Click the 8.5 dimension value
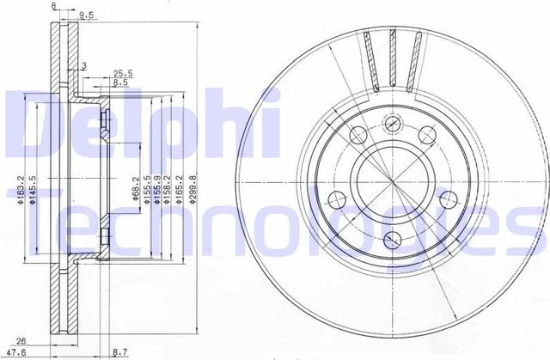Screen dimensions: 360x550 [x=120, y=83]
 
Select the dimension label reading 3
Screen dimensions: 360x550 [x=83, y=65]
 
